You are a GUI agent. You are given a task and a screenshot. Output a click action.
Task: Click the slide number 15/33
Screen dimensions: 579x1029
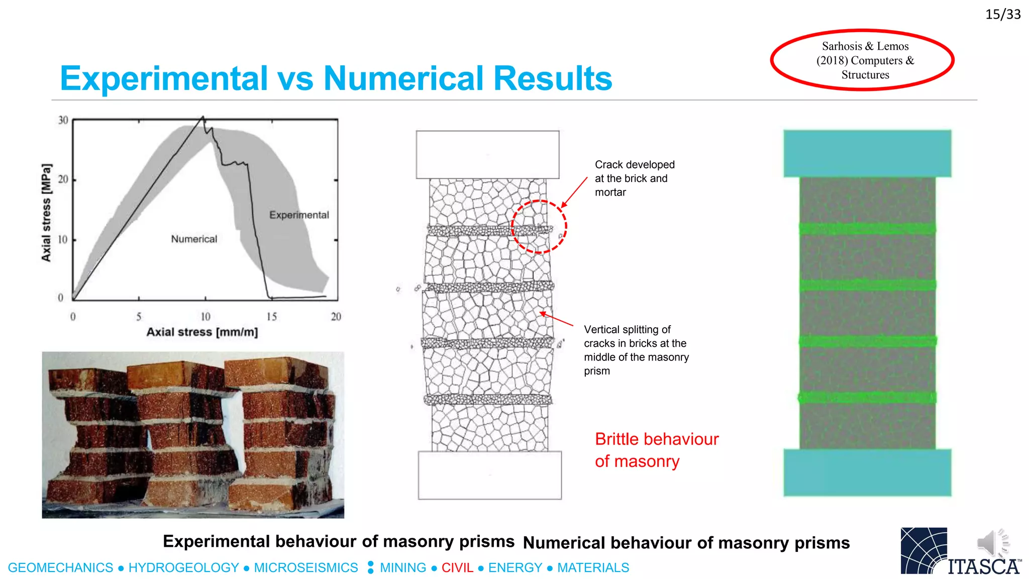tap(1002, 14)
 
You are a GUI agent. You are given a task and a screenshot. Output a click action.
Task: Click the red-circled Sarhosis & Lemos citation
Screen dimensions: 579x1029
tap(865, 60)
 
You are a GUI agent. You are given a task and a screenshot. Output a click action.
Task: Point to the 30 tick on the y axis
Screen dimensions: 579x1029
tap(63, 120)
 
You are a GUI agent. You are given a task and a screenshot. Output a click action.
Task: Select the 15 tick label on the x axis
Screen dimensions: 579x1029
tap(271, 317)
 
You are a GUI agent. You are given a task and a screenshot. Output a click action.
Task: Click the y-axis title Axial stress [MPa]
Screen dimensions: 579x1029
tap(46, 212)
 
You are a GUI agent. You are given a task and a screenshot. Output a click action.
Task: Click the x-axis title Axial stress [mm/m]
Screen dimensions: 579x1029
tap(202, 332)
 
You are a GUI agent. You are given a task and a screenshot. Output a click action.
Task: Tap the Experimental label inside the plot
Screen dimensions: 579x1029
tap(299, 215)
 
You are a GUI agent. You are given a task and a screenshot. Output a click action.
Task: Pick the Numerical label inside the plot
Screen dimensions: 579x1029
tap(194, 239)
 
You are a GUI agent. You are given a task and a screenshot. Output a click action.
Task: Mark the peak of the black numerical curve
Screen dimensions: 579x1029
tap(203, 117)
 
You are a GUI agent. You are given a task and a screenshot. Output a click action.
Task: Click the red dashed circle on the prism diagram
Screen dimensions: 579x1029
tap(539, 227)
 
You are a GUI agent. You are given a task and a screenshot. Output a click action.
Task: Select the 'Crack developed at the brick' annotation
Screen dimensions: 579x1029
tap(634, 178)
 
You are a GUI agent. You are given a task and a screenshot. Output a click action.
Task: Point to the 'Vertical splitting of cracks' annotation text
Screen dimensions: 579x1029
tap(636, 350)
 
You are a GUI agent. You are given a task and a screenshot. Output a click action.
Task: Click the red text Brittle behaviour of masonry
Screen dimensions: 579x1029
tap(656, 450)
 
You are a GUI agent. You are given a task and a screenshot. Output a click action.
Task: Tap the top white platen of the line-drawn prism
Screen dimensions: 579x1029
tap(487, 155)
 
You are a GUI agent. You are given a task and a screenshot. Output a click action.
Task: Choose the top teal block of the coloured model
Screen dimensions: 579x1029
tap(867, 153)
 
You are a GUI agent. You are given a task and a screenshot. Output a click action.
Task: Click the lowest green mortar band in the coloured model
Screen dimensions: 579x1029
tap(867, 398)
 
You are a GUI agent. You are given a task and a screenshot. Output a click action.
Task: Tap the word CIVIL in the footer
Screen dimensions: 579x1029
tap(457, 568)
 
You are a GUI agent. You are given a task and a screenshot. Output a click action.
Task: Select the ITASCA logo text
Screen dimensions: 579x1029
tap(983, 567)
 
